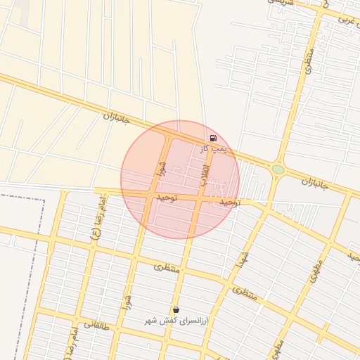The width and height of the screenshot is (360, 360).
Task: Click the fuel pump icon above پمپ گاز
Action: [213, 139]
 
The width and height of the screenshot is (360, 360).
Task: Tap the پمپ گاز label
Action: [213, 148]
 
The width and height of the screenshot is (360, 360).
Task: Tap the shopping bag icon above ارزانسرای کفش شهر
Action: [175, 309]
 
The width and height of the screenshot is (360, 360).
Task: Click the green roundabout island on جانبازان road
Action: [278, 169]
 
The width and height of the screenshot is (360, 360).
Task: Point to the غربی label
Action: [347, 19]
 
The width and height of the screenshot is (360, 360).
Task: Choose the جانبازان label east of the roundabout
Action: [316, 184]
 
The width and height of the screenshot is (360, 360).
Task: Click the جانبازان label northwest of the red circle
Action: [116, 120]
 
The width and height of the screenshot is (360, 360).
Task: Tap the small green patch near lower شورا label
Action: [102, 291]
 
